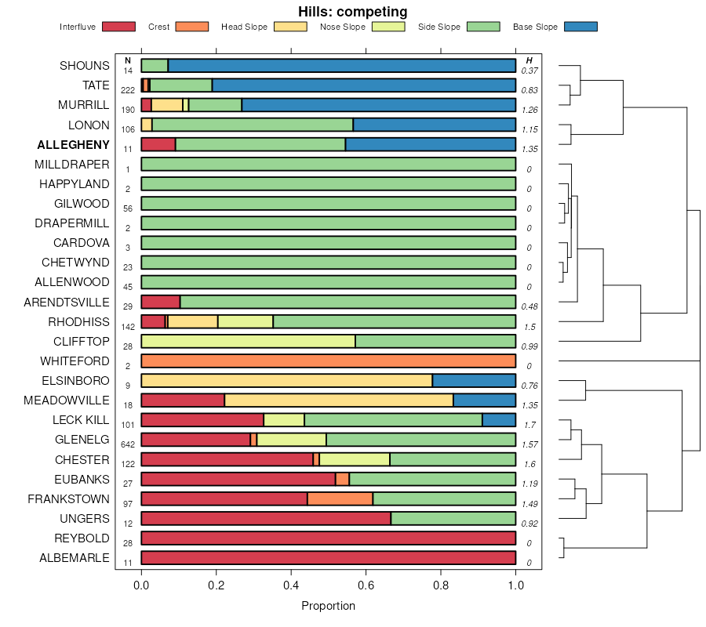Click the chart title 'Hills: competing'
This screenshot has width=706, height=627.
click(x=352, y=12)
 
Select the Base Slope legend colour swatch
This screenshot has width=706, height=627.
click(x=580, y=27)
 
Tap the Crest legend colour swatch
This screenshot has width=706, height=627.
click(x=191, y=27)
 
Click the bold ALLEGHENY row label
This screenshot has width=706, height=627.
click(x=74, y=145)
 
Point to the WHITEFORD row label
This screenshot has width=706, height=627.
click(x=75, y=361)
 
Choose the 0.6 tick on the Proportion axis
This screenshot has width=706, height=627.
click(x=366, y=584)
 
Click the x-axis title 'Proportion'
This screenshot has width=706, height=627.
click(x=328, y=606)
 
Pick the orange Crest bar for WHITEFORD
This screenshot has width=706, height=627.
click(x=328, y=361)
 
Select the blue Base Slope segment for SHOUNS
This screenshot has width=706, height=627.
click(x=341, y=66)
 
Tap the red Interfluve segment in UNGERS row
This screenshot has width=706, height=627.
click(x=266, y=519)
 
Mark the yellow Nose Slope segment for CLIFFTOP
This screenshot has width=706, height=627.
click(x=248, y=342)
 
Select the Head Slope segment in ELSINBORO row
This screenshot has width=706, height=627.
click(x=286, y=381)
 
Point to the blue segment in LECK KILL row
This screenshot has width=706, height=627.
click(x=498, y=420)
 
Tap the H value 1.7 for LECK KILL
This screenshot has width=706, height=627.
click(x=529, y=424)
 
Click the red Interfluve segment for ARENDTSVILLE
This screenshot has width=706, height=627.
click(x=161, y=303)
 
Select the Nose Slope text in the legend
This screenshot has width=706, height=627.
click(x=343, y=27)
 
